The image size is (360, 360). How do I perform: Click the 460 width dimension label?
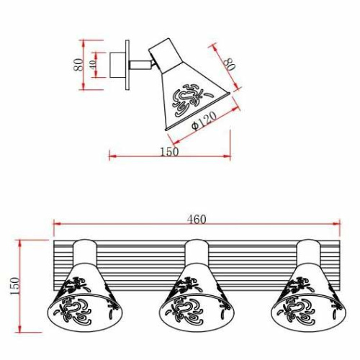point(197,220)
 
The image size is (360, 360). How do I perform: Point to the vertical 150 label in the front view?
point(15,286)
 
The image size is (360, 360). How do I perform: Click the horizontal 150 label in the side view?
point(169,152)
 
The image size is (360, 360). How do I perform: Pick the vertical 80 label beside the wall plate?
point(78,65)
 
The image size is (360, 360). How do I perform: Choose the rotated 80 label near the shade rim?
point(230,64)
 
